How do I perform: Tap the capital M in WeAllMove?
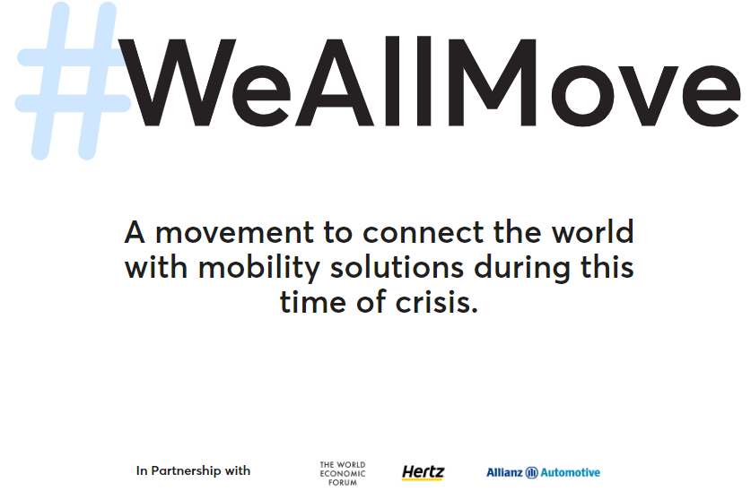pos(492,82)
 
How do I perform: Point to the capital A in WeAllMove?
pos(334,82)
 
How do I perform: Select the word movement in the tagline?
pos(235,233)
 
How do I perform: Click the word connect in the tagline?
pos(424,233)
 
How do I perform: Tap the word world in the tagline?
pos(592,231)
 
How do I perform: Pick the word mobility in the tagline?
pos(259,268)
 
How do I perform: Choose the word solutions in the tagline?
pos(397,267)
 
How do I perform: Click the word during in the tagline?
pos(522,268)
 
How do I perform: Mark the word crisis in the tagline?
pos(436,302)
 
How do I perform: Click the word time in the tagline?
pos(313,302)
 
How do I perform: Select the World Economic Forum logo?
pos(343,474)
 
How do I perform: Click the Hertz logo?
pos(423,473)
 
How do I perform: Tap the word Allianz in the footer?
pos(504,473)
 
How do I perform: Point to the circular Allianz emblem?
pos(532,473)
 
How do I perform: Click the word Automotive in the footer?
pos(571,473)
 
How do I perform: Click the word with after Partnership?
pos(238,470)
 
